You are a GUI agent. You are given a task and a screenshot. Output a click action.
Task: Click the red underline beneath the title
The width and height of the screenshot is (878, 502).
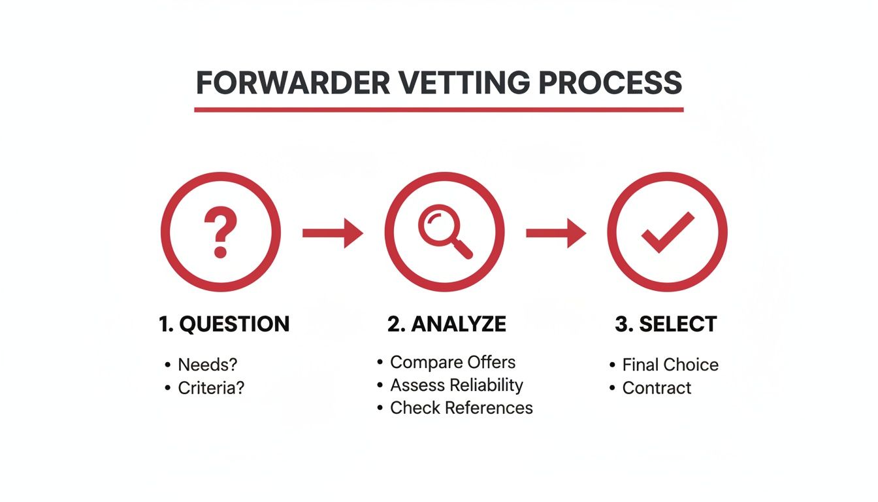click(x=438, y=109)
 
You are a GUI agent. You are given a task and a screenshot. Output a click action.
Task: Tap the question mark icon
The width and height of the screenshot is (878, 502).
click(x=220, y=231)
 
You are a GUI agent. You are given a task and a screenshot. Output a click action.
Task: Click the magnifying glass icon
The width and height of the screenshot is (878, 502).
click(x=444, y=233)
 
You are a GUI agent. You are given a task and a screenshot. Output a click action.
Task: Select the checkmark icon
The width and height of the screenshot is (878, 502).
click(x=667, y=232)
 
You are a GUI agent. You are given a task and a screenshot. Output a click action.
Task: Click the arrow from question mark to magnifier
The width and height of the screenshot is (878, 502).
click(x=333, y=233)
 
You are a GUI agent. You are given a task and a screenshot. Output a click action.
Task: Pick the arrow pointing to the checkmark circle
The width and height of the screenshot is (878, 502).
click(x=556, y=233)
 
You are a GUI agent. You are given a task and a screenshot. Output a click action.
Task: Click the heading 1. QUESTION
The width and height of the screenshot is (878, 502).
click(x=224, y=324)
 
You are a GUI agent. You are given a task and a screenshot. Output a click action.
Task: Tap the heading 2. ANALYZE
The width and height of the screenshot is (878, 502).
click(x=447, y=324)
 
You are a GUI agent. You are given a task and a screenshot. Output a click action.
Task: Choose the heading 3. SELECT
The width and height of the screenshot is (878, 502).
click(x=666, y=324)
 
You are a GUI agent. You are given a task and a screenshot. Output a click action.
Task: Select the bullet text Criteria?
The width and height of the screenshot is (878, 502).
click(x=211, y=388)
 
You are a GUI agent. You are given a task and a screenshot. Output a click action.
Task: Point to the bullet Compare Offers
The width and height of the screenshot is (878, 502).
click(x=452, y=362)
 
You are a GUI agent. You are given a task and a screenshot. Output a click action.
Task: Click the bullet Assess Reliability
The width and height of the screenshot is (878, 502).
click(x=456, y=385)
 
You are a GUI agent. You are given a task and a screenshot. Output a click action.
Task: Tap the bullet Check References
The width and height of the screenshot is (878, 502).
click(x=461, y=408)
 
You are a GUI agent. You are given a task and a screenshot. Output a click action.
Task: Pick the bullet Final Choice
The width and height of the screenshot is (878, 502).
click(x=670, y=365)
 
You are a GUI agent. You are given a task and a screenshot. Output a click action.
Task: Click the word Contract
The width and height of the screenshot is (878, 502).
click(x=657, y=388)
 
